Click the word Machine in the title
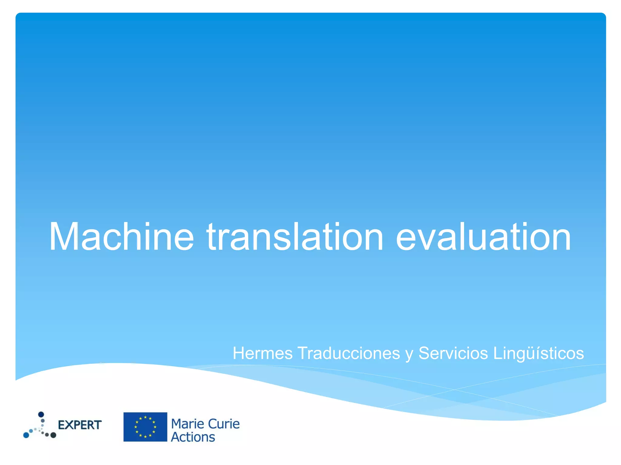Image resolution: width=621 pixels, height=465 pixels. click(121, 237)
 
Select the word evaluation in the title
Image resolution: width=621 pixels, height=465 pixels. click(483, 237)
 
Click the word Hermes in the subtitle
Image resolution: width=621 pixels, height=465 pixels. click(263, 353)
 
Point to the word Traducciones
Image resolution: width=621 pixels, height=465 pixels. click(349, 353)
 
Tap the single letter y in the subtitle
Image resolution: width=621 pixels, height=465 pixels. click(409, 354)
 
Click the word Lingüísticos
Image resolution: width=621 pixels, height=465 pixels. click(538, 353)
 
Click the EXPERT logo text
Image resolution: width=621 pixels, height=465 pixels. click(80, 425)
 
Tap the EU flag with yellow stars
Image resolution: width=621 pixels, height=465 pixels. click(145, 427)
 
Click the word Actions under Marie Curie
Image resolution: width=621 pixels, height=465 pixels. click(193, 437)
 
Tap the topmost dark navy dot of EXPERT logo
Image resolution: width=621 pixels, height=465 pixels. click(41, 414)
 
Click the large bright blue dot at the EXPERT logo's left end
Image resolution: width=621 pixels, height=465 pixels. click(26, 435)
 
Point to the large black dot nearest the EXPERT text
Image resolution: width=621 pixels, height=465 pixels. click(53, 435)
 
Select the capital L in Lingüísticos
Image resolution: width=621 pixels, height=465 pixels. click(497, 353)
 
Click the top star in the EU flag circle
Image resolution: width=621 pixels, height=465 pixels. click(145, 417)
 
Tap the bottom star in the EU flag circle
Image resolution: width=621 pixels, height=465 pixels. click(145, 437)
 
